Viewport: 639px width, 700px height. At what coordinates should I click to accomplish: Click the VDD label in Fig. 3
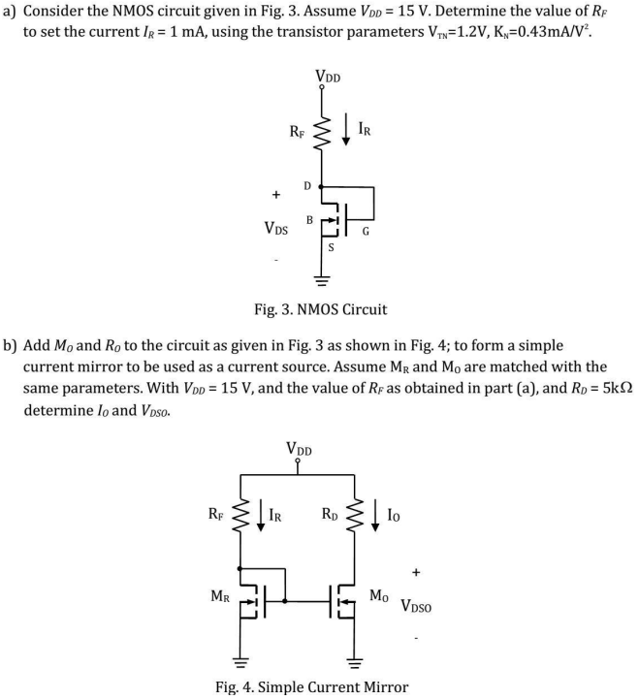[327, 77]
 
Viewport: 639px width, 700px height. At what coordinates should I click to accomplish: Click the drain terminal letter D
[307, 184]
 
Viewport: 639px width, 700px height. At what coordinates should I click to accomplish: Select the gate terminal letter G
[365, 233]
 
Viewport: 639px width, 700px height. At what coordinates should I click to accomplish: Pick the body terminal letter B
[308, 220]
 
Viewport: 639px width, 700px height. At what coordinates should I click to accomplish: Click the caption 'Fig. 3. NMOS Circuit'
[319, 310]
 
